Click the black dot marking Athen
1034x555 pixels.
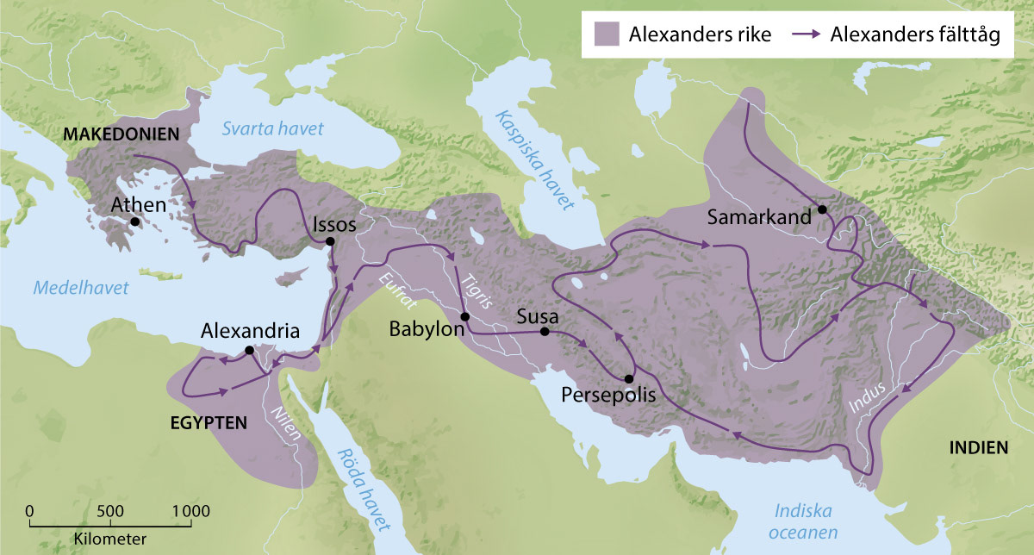tap(135, 221)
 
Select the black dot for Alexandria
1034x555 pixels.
tap(249, 350)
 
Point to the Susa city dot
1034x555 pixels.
tap(545, 332)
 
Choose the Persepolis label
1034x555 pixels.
tap(608, 395)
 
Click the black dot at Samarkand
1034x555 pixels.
tap(822, 209)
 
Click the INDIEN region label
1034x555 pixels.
tap(977, 447)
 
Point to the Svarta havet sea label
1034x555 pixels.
tap(272, 128)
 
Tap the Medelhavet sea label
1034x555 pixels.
tap(81, 288)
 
